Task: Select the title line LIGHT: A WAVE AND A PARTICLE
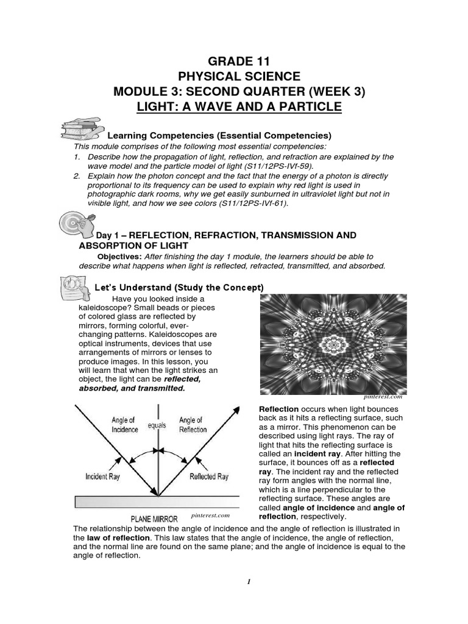tap(238, 107)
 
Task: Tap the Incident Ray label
tap(102, 477)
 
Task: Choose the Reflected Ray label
tap(209, 477)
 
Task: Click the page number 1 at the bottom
tap(249, 581)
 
